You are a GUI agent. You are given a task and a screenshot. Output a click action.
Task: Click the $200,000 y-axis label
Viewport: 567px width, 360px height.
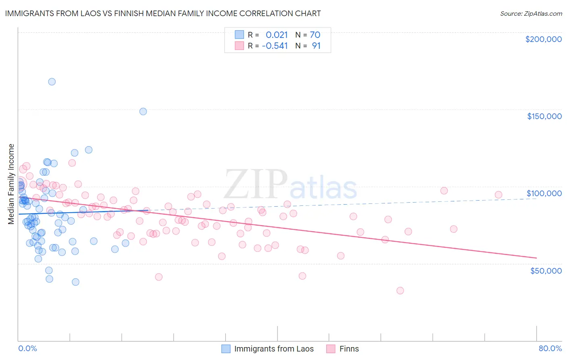tap(543, 39)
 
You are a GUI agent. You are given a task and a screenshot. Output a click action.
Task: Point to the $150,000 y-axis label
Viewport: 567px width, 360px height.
tap(544, 116)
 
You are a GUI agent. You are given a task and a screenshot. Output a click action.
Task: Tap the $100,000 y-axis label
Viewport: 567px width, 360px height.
tap(544, 193)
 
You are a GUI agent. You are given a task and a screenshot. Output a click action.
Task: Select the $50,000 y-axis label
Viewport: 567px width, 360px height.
tap(546, 270)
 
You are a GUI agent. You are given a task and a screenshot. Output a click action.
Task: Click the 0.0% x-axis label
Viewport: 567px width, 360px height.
tap(27, 348)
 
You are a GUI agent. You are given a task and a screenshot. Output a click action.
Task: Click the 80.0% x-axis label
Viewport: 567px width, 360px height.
tap(550, 348)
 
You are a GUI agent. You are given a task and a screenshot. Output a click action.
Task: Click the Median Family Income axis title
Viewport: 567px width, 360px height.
tap(11, 184)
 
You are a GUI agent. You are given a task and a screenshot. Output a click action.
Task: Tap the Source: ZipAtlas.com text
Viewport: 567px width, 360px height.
tap(531, 14)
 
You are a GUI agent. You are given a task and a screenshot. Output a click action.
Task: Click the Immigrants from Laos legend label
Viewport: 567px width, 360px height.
tap(273, 349)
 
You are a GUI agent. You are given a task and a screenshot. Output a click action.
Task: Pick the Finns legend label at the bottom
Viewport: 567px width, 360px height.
tap(349, 349)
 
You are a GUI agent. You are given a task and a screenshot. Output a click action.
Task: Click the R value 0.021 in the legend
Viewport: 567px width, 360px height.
tap(277, 35)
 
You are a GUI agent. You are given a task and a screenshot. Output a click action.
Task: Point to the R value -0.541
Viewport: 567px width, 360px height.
tap(275, 46)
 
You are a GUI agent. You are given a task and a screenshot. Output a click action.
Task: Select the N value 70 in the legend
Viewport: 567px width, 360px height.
tap(315, 35)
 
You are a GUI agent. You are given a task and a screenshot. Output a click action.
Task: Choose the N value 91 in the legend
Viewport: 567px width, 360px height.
tap(316, 46)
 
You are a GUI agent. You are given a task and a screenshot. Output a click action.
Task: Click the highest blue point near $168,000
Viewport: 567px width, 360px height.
tap(52, 82)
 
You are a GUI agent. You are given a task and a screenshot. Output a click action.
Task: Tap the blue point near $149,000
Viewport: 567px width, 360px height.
tap(143, 111)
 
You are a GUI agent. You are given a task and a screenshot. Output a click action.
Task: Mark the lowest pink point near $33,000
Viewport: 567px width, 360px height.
tap(400, 291)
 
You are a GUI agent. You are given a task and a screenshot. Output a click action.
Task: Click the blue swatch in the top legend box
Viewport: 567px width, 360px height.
tap(239, 35)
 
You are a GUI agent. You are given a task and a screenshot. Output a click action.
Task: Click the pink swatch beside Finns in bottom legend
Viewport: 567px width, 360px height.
tap(331, 349)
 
